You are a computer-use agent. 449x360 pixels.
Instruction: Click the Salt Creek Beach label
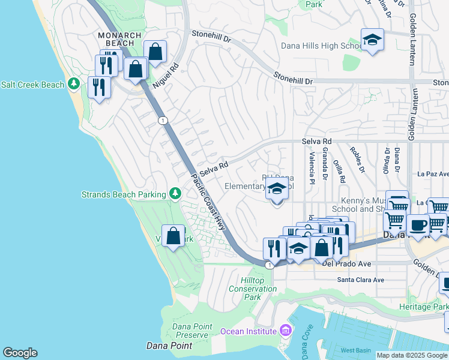pos(32,85)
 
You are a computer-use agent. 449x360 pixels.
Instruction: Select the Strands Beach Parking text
pos(124,194)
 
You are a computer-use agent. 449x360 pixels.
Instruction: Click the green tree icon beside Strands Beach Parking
pos(175,193)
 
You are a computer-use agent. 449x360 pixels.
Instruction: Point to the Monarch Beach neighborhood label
pos(120,40)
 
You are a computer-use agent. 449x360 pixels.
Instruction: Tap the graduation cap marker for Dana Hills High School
pos(372,40)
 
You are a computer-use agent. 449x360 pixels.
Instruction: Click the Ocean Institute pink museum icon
pos(285,331)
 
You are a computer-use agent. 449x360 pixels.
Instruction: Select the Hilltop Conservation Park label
pos(253,289)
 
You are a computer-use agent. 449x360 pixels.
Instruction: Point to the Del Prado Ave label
pos(348,263)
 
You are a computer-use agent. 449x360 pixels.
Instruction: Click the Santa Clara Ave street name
pos(360,280)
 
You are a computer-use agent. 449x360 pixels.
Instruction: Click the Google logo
pos(20,353)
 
